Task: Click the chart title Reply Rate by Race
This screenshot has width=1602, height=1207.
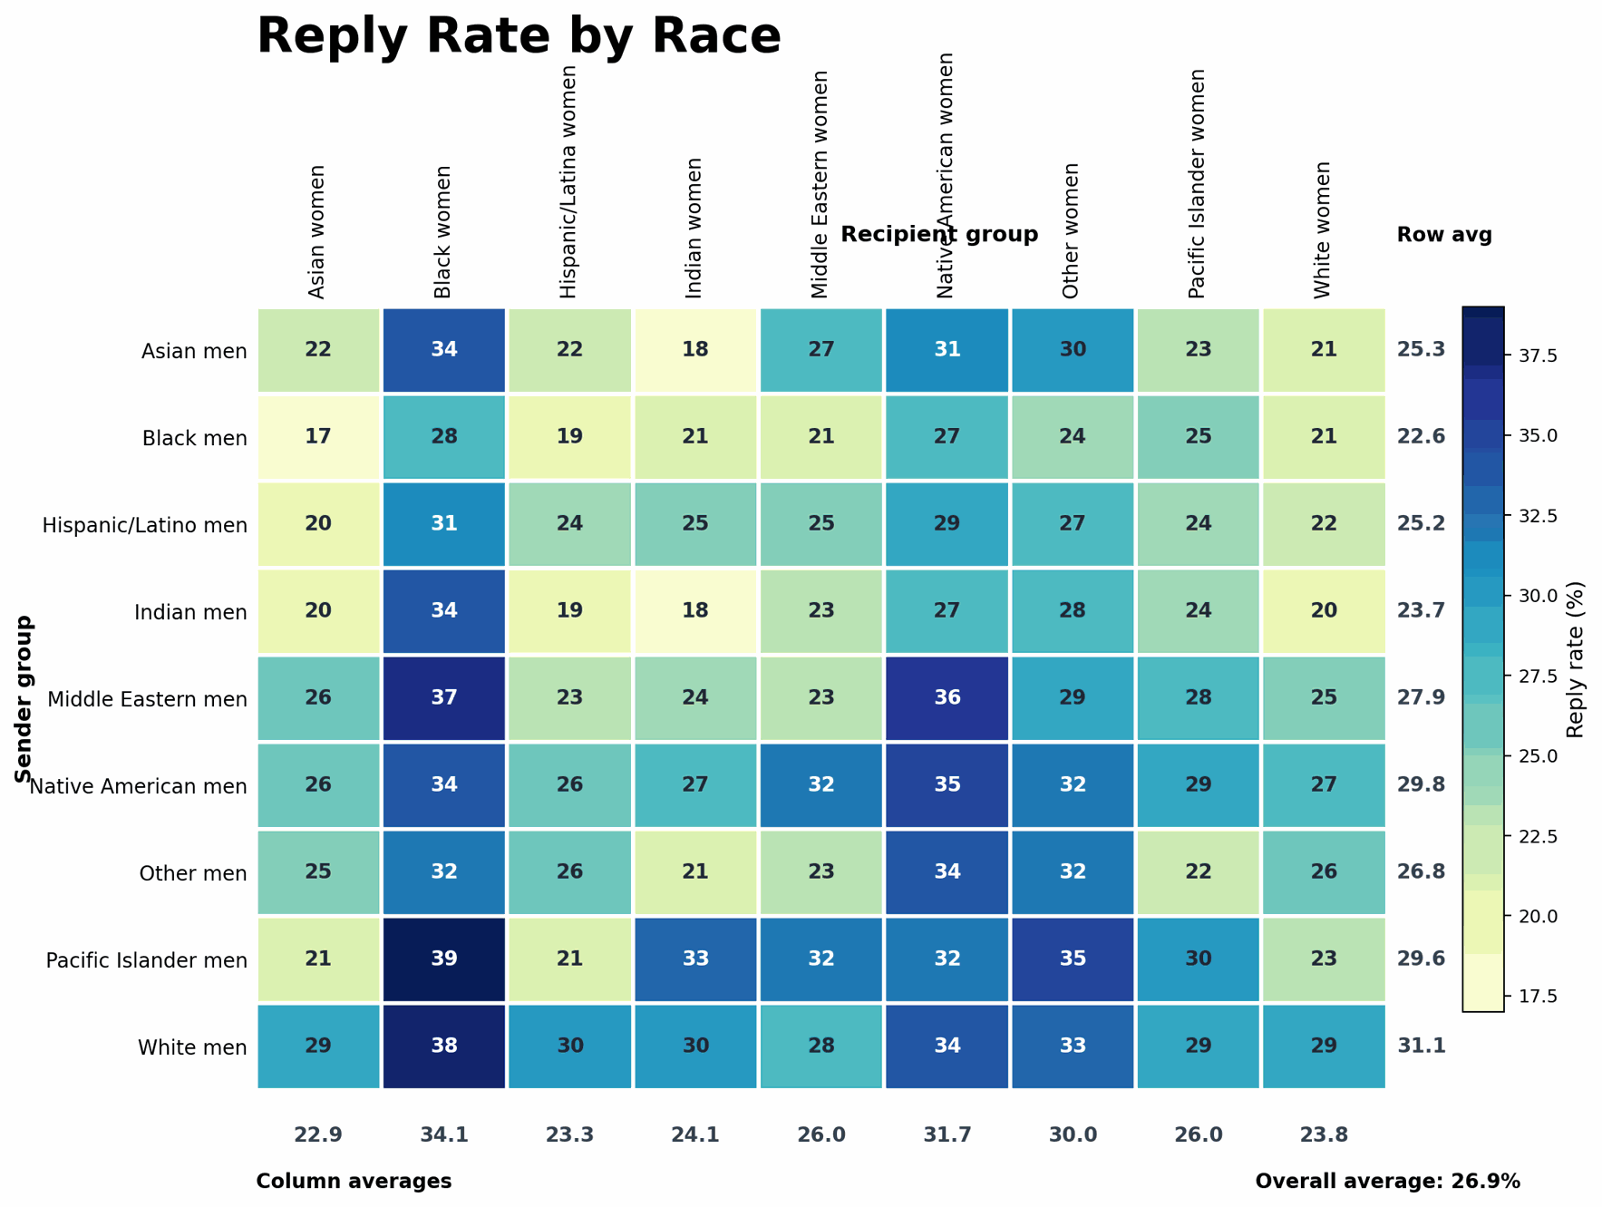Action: [519, 36]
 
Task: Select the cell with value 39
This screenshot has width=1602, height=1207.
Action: [444, 959]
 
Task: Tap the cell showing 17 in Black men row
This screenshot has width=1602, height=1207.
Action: [318, 437]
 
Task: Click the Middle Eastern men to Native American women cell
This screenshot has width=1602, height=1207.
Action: [947, 698]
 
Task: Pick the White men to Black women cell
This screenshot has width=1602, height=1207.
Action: [444, 1046]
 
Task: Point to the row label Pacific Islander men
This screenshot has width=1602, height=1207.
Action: [147, 960]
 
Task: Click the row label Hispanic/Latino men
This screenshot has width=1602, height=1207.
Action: [145, 525]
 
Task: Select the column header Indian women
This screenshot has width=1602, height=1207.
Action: [694, 229]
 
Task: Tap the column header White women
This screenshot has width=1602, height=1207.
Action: [1323, 230]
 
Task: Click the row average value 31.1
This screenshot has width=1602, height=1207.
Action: [1422, 1046]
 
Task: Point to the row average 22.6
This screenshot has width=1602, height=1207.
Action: [1422, 437]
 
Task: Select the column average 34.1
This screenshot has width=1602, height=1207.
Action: [444, 1135]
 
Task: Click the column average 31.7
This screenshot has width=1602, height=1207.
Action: [947, 1135]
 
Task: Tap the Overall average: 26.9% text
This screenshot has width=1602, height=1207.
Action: [1387, 1182]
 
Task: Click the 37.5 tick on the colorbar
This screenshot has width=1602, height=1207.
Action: [1538, 356]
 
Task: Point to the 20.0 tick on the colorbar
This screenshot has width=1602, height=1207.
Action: [1538, 917]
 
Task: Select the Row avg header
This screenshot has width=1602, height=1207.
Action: [1443, 235]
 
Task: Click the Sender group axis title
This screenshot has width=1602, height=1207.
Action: [24, 698]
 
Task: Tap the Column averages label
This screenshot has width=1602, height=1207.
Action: [354, 1182]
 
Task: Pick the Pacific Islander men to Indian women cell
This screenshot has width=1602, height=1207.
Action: [695, 959]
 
